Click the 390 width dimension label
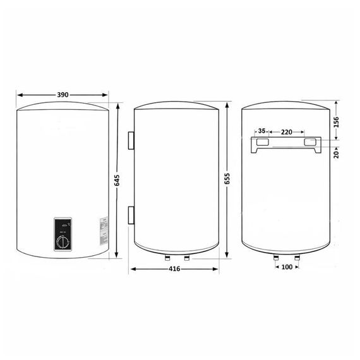click(63, 95)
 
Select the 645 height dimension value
click(117, 181)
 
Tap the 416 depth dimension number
click(175, 269)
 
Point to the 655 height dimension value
click(225, 178)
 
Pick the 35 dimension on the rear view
click(261, 132)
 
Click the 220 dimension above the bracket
click(286, 132)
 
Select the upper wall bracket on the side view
click(130, 141)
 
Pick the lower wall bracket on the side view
click(130, 214)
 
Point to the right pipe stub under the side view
click(186, 258)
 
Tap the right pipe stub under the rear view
click(297, 258)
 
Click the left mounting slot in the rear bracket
click(261, 143)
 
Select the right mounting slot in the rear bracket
click(311, 143)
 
